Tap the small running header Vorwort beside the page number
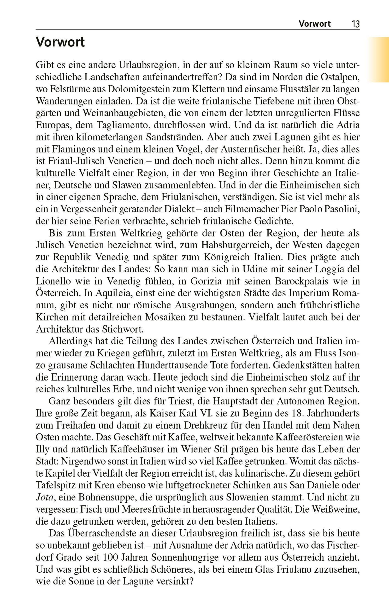[315, 24]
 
